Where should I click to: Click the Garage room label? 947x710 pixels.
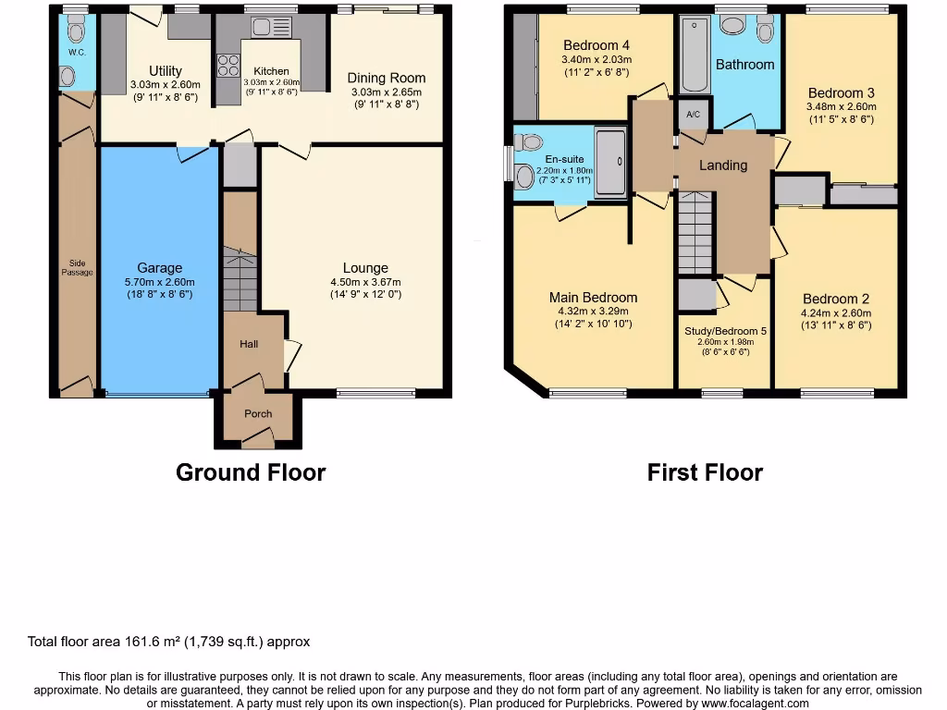pos(159,268)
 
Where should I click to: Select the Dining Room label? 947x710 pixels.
pos(385,78)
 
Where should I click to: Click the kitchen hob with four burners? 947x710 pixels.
pos(227,66)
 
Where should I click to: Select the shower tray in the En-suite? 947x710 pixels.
pos(610,164)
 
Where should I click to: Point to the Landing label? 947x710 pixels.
pos(722,165)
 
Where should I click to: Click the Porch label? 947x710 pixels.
pos(258,413)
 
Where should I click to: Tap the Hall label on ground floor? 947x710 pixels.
pos(249,344)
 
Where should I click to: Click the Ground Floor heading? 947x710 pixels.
pos(251,472)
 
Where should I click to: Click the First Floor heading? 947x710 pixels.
pos(705,472)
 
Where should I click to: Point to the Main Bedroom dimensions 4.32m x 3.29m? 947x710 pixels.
pos(592,312)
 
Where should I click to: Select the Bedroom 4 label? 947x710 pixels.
pos(596,45)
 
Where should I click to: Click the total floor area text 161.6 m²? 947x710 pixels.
pos(168,642)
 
